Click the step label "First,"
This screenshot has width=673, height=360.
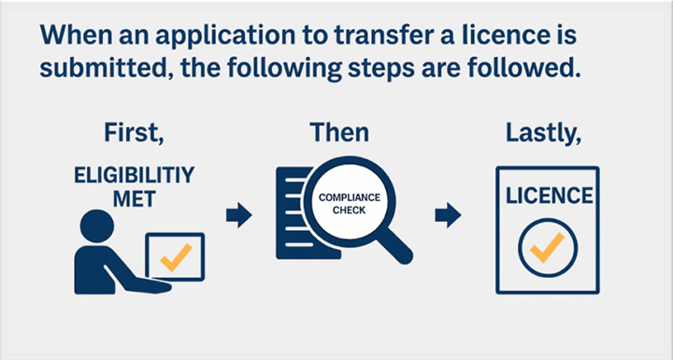[x=134, y=133]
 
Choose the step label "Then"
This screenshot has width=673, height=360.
[x=339, y=132]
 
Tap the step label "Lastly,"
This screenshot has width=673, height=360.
[x=543, y=134]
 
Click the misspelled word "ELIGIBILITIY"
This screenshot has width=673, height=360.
[x=134, y=176]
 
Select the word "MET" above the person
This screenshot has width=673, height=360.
[x=134, y=199]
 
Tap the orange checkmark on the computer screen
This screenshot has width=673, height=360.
[x=176, y=257]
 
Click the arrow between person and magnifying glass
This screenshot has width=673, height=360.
[x=239, y=215]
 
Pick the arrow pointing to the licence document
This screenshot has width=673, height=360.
[x=448, y=215]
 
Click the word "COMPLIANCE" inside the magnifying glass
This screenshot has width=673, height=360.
[x=349, y=198]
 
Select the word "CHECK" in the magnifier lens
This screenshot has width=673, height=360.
[x=349, y=211]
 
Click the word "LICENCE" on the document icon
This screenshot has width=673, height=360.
[x=549, y=195]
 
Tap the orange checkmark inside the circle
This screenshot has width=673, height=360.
[x=547, y=248]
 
